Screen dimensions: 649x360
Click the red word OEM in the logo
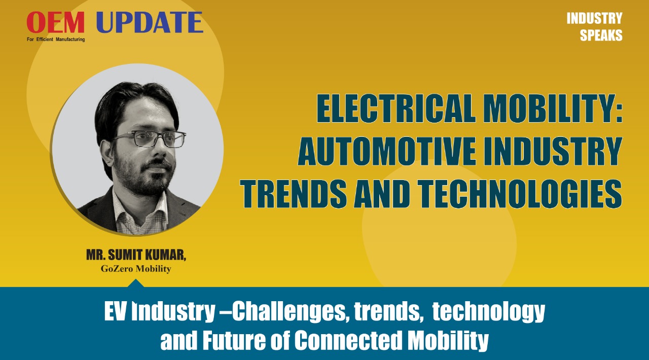click(x=56, y=22)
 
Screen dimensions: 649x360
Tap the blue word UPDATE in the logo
click(x=150, y=22)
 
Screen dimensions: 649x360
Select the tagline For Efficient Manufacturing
click(x=56, y=40)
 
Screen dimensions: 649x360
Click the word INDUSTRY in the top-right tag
click(x=595, y=19)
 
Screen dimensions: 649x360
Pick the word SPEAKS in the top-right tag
click(x=601, y=35)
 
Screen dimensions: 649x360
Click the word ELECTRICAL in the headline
click(x=396, y=108)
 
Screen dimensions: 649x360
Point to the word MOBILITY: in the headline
click(x=553, y=108)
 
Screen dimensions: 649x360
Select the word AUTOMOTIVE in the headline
click(x=387, y=151)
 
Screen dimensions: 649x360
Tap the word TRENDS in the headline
click(x=293, y=193)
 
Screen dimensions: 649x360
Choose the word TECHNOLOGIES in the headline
click(x=521, y=193)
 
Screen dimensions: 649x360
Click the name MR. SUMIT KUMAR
click(x=136, y=255)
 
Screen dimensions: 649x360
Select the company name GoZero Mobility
click(x=136, y=269)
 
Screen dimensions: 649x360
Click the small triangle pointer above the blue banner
click(x=135, y=283)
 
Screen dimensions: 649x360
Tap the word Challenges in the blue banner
click(x=289, y=312)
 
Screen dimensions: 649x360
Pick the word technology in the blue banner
click(x=489, y=312)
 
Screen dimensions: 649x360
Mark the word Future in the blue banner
click(x=234, y=339)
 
